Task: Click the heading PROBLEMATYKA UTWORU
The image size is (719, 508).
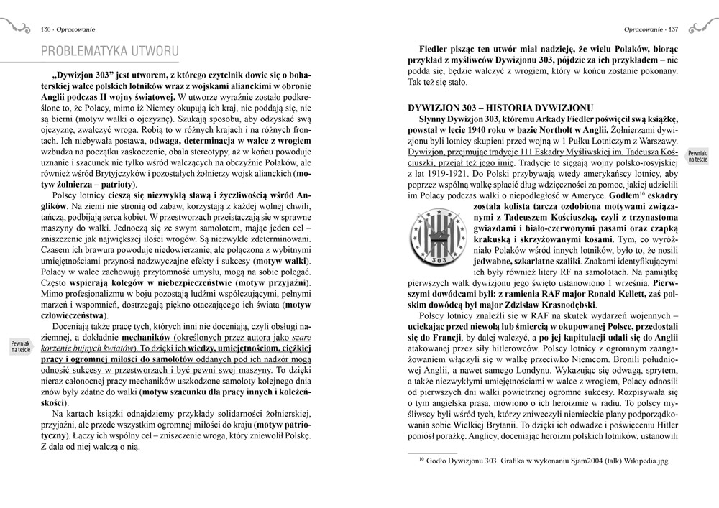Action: pyautogui.click(x=110, y=51)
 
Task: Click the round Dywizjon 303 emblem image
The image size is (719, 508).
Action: pyautogui.click(x=429, y=239)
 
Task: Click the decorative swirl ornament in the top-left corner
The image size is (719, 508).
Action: pyautogui.click(x=15, y=27)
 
